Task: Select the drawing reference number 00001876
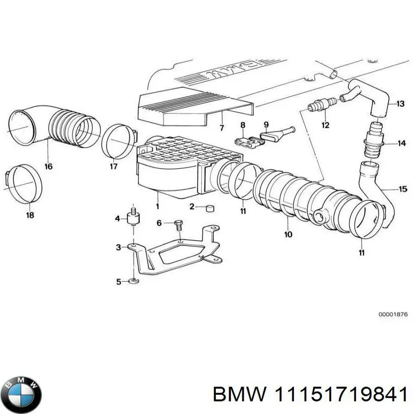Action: click(x=392, y=313)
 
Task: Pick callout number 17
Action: click(x=113, y=166)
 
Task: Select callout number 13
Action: click(x=400, y=103)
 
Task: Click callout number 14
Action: click(x=402, y=143)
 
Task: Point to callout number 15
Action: click(x=403, y=189)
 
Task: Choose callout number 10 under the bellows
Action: click(x=288, y=234)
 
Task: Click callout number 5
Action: click(x=119, y=282)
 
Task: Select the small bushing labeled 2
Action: click(x=210, y=208)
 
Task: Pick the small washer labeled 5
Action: click(x=134, y=281)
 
